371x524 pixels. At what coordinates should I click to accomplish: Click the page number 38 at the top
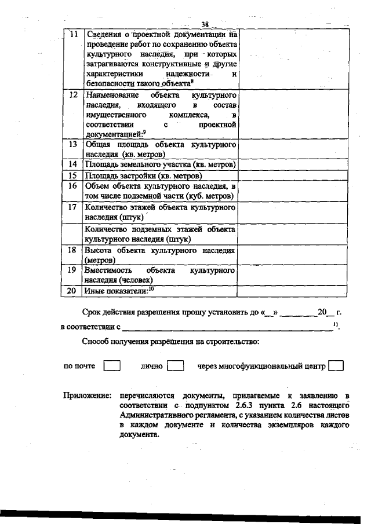point(205,24)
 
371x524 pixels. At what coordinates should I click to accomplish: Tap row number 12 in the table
point(73,94)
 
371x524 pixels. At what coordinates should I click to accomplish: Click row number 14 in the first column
point(73,164)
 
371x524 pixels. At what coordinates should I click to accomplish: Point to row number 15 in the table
point(73,175)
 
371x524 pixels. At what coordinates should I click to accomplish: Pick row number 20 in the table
point(73,291)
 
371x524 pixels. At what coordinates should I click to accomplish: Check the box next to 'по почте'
point(111,366)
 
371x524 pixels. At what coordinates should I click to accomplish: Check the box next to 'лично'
point(175,366)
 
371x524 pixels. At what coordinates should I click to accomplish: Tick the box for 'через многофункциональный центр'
point(336,366)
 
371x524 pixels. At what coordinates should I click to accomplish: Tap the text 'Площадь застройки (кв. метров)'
point(143,175)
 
